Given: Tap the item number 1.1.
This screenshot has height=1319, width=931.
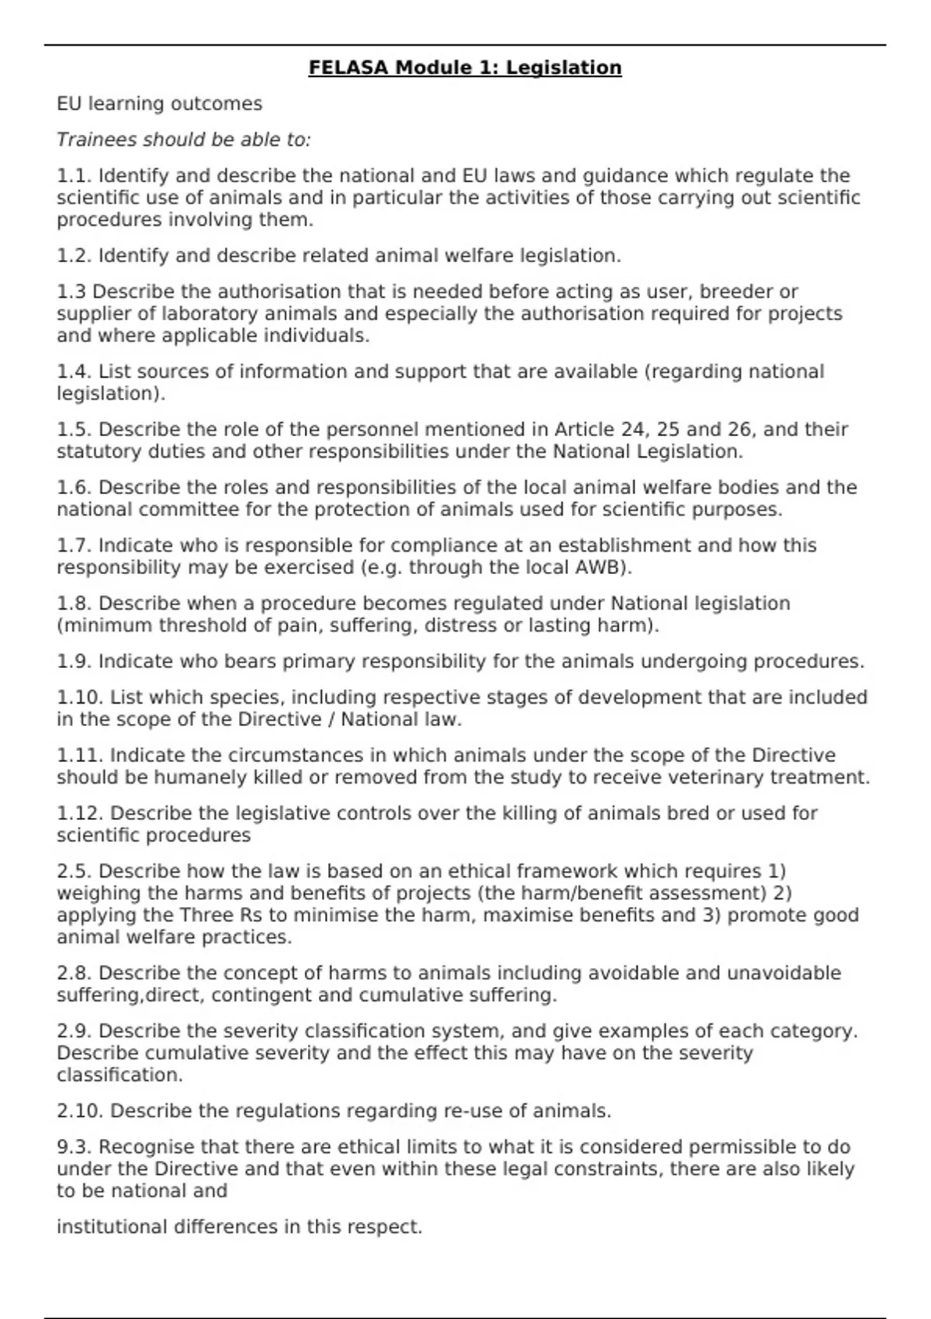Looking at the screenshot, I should coord(74,176).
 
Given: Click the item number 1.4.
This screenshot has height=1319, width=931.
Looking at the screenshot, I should coord(74,372).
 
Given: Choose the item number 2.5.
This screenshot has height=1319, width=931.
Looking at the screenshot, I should coord(74,871).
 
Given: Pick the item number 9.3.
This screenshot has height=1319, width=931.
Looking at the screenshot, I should coord(74,1147).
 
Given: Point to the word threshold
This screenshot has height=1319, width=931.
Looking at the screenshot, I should coord(195,625).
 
